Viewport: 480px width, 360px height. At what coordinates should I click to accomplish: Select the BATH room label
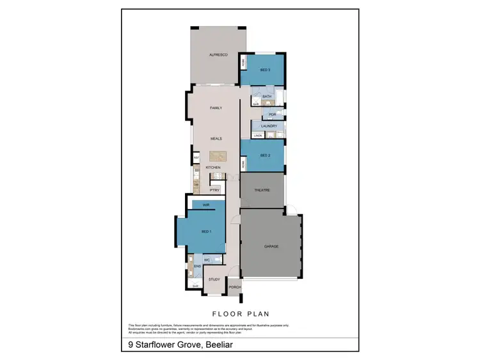point(267,97)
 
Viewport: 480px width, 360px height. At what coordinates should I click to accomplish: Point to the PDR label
point(271,114)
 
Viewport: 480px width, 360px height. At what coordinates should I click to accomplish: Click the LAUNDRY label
point(269,126)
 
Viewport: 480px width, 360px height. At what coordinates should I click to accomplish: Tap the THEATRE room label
point(262,190)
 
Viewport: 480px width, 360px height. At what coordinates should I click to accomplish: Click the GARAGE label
point(271,246)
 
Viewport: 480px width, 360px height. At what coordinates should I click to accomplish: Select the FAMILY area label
point(216,108)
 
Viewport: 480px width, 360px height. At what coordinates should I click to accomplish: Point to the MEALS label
point(216,139)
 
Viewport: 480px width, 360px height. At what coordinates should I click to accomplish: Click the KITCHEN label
point(212,168)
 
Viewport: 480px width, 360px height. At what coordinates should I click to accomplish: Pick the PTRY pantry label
point(214,190)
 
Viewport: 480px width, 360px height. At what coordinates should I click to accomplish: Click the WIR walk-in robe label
point(206,205)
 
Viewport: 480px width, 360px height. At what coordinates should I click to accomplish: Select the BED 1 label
point(205,231)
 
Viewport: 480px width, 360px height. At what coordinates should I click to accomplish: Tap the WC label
point(207,260)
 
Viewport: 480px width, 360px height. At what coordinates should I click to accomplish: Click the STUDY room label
point(214,279)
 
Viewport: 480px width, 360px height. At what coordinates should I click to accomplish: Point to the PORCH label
point(235,287)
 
